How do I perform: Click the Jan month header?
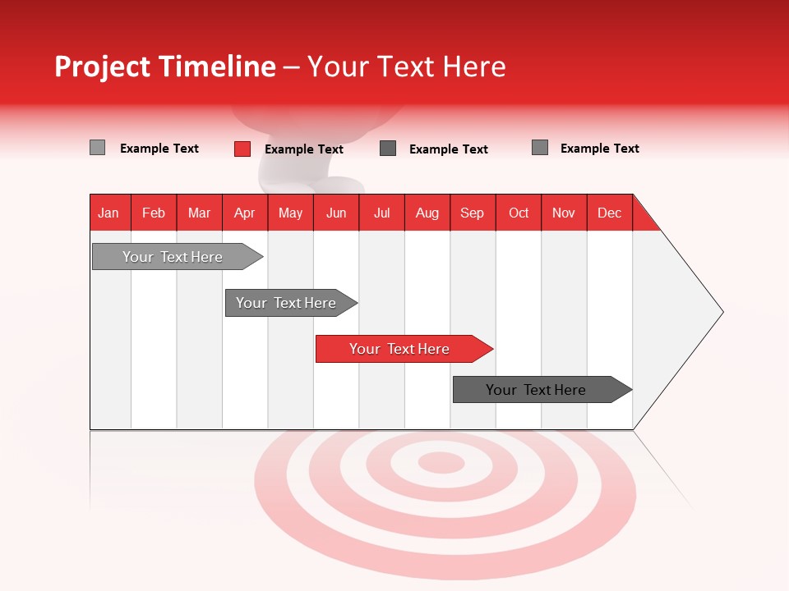(x=108, y=213)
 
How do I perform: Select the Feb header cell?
(x=154, y=213)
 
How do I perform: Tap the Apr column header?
(x=244, y=213)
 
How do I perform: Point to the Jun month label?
(x=335, y=213)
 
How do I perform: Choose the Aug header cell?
(x=427, y=213)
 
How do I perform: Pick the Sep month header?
(x=472, y=213)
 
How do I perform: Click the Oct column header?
(x=518, y=213)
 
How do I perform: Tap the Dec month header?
(x=609, y=213)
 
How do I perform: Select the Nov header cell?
(x=563, y=213)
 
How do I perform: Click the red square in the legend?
(x=242, y=149)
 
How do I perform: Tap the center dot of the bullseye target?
(x=441, y=463)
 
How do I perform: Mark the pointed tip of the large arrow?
(x=721, y=312)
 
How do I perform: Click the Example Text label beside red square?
(x=303, y=149)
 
